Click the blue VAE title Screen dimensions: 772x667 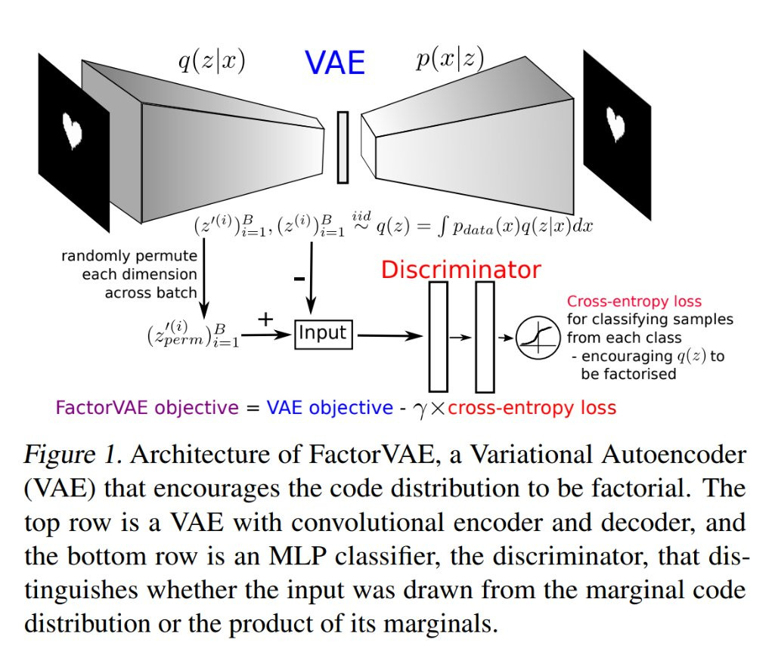[x=335, y=63]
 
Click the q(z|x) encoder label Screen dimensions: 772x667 [x=212, y=61]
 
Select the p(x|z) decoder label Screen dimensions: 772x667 [x=450, y=60]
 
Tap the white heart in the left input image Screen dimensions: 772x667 [x=73, y=130]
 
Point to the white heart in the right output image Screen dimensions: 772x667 [x=615, y=124]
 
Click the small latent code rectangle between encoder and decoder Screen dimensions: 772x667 [x=343, y=147]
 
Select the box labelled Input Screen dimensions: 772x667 [x=324, y=335]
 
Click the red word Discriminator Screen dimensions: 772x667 [x=460, y=270]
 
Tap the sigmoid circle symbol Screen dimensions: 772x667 [x=538, y=338]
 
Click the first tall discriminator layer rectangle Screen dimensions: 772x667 [x=439, y=337]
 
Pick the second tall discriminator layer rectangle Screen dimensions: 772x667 [x=485, y=337]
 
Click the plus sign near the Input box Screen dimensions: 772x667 [x=265, y=320]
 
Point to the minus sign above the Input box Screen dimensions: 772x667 [x=299, y=279]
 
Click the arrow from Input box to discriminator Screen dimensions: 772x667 [x=390, y=336]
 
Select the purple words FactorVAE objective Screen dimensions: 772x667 [x=147, y=408]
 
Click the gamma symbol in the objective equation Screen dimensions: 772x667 [x=421, y=410]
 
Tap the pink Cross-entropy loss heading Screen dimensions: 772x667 [x=634, y=301]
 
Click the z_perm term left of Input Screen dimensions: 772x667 [x=193, y=334]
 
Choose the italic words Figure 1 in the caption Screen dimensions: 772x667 [x=73, y=455]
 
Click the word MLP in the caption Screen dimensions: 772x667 [x=297, y=556]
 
